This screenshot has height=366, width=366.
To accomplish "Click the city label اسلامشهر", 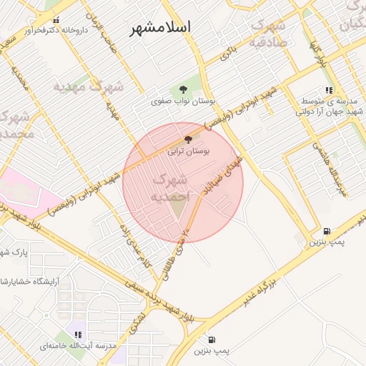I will tap(161, 29).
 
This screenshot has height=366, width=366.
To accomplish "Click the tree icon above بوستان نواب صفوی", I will tap(184, 89).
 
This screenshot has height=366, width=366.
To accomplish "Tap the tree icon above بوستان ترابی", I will tap(188, 139).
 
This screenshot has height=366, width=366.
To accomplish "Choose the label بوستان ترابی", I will tap(188, 152).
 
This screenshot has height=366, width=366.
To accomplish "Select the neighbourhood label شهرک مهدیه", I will tap(88, 86).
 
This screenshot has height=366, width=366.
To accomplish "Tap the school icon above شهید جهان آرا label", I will tap(328, 91).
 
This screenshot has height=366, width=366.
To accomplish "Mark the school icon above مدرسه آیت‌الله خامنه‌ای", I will tap(79, 335).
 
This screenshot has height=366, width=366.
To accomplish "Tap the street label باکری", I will tap(228, 52).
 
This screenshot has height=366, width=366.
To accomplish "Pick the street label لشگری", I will tap(138, 324).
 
